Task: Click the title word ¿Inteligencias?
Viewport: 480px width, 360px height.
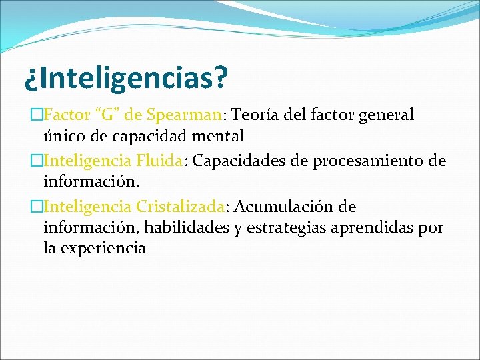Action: [x=126, y=79]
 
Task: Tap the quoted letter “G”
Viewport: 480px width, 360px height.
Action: [x=108, y=115]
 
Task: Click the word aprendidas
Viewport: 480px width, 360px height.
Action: [x=378, y=228]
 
